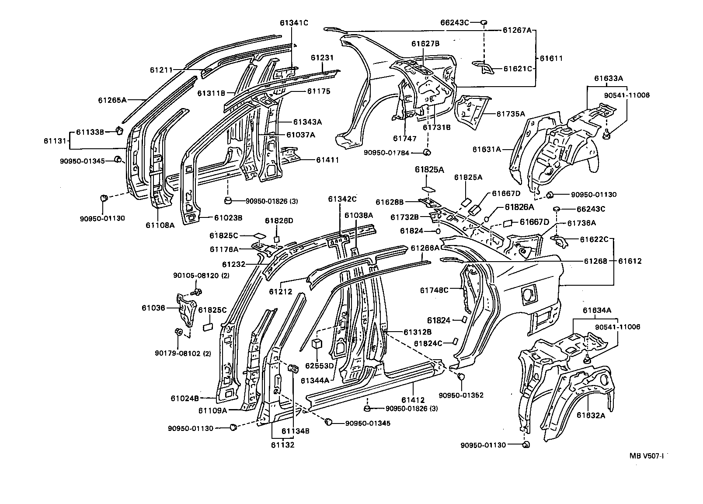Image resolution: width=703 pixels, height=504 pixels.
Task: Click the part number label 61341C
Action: [294, 23]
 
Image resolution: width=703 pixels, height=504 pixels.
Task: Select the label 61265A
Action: [112, 100]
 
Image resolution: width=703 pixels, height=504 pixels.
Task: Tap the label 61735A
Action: [511, 114]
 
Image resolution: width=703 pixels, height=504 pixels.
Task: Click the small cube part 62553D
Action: [317, 343]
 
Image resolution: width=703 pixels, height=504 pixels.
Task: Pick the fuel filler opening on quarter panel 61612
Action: [528, 293]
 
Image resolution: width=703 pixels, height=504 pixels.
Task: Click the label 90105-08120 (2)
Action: [201, 276]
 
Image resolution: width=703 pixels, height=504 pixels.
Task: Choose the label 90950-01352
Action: [461, 395]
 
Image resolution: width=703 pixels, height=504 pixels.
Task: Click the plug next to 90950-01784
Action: [428, 152]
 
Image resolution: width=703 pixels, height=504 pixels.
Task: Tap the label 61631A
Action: [487, 149]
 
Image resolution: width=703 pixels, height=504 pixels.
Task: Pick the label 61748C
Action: [434, 290]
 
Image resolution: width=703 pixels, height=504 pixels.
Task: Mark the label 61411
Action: [328, 161]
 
